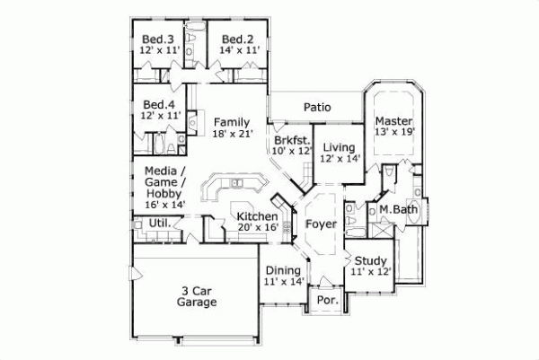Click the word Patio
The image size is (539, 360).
316,108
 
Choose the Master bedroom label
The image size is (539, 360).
393,120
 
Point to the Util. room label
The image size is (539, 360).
159,223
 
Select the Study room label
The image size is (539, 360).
372,260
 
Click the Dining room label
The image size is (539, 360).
283,270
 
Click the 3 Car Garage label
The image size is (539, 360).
197,296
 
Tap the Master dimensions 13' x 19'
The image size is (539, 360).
393,133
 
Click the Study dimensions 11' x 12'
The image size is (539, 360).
372,271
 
